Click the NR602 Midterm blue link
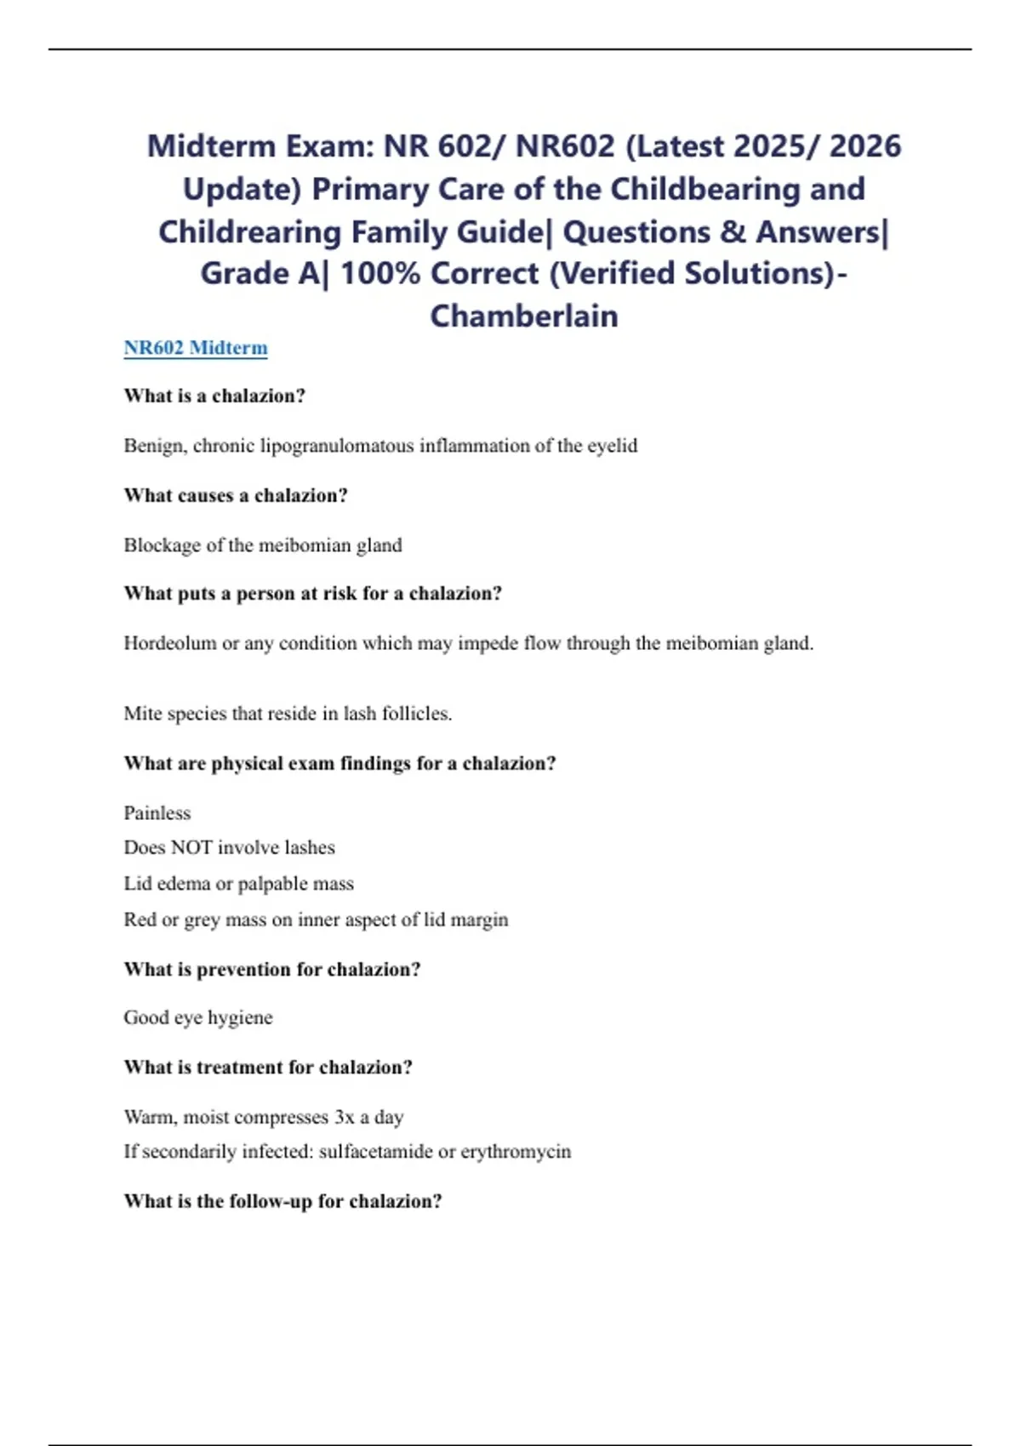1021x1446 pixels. (196, 348)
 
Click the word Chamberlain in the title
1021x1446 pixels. (524, 316)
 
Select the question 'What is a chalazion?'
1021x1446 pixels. (214, 396)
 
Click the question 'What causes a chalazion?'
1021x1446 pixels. (236, 495)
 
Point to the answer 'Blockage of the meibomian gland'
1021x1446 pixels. (263, 545)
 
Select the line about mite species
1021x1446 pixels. (288, 714)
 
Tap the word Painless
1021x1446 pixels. (157, 813)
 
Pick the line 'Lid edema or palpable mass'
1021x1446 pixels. (238, 884)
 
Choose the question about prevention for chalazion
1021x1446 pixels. (272, 970)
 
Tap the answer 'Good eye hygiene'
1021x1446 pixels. (198, 1018)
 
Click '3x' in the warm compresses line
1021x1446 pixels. (344, 1117)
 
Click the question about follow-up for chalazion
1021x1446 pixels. (282, 1201)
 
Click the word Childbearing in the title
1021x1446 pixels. (738, 189)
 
